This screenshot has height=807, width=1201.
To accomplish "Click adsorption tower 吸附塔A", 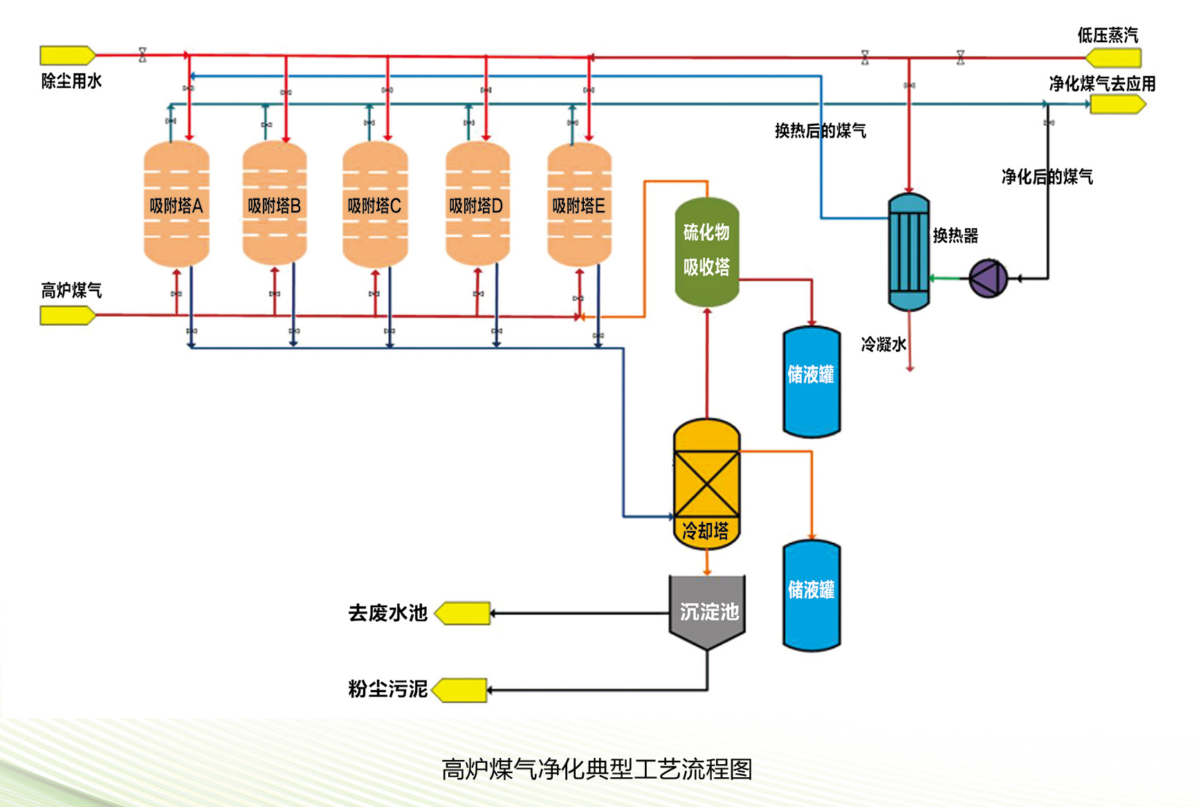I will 176,204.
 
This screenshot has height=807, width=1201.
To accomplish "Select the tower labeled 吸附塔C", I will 375,204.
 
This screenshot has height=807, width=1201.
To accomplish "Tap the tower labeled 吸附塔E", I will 579,204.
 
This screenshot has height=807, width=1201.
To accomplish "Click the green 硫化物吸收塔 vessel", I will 706,251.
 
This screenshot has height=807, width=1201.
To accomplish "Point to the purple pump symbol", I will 988,278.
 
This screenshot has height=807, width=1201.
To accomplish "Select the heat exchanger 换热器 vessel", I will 908,252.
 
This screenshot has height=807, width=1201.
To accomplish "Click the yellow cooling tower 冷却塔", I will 706,483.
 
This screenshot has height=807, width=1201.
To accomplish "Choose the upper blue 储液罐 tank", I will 811,382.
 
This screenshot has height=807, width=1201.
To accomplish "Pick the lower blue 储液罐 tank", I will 811,595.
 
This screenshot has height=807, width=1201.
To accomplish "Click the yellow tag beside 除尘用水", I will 67,55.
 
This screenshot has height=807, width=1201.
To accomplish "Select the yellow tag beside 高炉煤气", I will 67,315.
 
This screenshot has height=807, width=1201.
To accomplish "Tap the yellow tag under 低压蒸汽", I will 1113,57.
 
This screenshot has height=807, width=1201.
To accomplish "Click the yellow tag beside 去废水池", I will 463,613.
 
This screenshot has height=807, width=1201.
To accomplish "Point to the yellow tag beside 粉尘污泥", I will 460,689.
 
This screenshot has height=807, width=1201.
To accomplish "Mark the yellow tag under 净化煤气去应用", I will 1117,104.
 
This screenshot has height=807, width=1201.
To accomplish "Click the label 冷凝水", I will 883,344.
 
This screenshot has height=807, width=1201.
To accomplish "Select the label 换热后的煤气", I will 820,131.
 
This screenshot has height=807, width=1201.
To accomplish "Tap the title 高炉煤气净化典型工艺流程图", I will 596,769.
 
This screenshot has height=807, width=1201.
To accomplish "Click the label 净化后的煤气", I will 1047,177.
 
